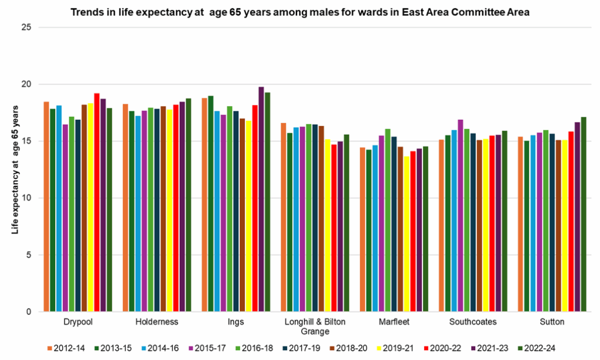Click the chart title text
click(300, 12)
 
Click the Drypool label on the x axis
click(78, 322)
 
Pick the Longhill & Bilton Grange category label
click(315, 326)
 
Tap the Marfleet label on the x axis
click(394, 322)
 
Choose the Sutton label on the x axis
click(551, 322)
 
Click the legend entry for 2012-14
click(66, 348)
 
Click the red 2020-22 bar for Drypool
click(97, 202)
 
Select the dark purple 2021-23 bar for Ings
click(261, 199)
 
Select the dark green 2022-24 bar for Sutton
click(584, 214)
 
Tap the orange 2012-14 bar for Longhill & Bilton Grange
click(284, 217)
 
